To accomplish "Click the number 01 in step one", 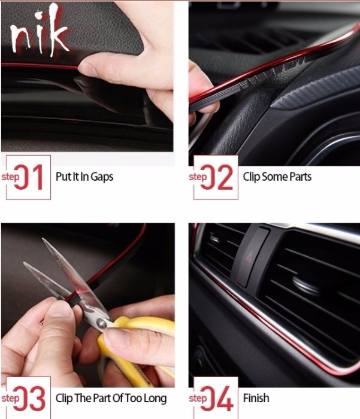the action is tap(28, 177).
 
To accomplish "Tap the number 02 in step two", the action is tap(217, 177).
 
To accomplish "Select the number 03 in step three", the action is tap(29, 399).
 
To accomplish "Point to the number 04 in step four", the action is tap(217, 399).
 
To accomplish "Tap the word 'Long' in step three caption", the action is tap(155, 399).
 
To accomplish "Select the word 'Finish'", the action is tap(256, 398).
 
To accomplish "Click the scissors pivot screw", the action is tap(101, 324).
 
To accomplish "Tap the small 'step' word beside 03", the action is tap(10, 399).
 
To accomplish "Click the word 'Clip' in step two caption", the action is tap(251, 177).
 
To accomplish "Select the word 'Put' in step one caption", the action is tap(62, 177).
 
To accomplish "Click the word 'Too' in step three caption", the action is tap(133, 399).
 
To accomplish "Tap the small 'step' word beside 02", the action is tap(198, 177).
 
